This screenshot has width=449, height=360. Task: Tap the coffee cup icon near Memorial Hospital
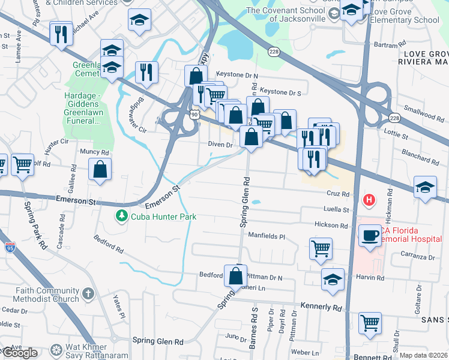tap(370, 235)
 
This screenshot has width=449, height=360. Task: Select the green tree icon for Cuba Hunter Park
tap(122, 215)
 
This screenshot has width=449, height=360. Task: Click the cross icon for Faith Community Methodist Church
tap(88, 293)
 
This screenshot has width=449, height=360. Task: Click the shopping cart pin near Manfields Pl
tap(321, 248)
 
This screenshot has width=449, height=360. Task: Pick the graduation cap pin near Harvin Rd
tap(333, 280)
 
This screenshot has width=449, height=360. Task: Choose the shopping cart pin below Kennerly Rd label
tap(370, 323)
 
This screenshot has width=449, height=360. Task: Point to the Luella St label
tap(337, 210)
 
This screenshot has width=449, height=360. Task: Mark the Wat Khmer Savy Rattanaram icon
tap(56, 350)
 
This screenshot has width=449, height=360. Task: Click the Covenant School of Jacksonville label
tap(286, 14)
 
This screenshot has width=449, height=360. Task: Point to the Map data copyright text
tap(423, 355)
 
